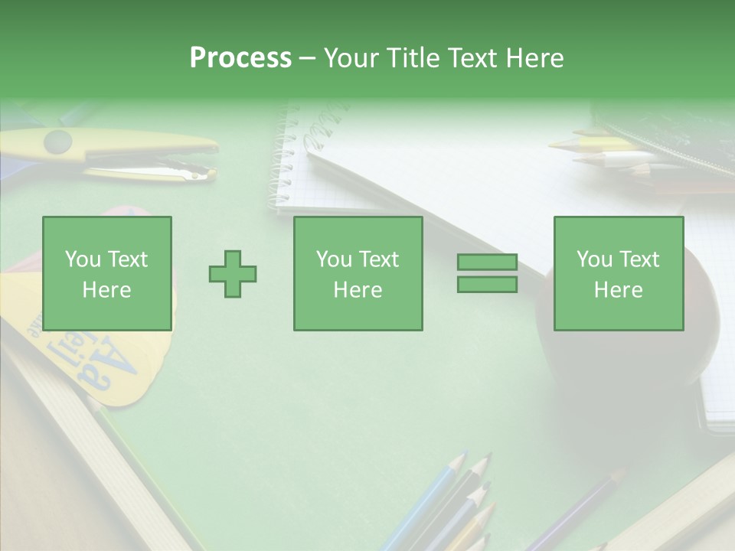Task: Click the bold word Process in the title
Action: [x=240, y=58]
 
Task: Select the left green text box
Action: [x=107, y=274]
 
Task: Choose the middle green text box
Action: [x=358, y=274]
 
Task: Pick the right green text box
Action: [x=619, y=274]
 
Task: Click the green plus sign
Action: [x=233, y=273]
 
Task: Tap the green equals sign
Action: [x=487, y=273]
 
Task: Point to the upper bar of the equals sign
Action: [x=487, y=262]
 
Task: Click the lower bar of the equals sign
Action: [x=487, y=284]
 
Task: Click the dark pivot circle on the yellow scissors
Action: [x=58, y=142]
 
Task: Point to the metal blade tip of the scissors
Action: [x=208, y=176]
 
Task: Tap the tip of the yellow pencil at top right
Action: [x=553, y=144]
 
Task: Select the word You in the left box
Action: [x=83, y=259]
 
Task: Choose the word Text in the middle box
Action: [x=378, y=259]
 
